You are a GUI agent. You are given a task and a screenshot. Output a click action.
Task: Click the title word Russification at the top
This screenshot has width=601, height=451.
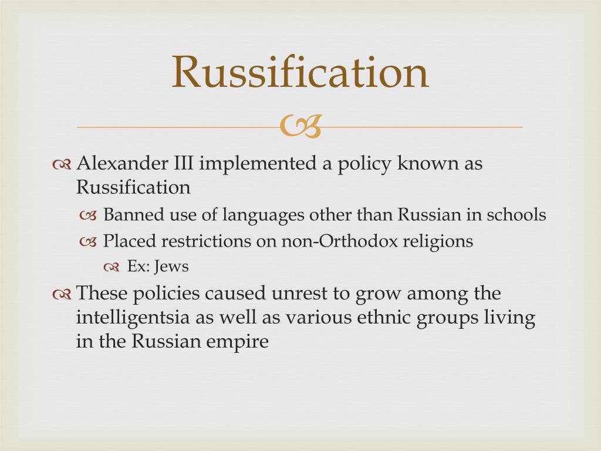coord(300,72)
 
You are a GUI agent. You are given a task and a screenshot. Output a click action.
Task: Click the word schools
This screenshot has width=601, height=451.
coord(516,215)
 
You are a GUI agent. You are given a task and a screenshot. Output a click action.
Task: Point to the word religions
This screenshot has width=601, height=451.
coord(437,241)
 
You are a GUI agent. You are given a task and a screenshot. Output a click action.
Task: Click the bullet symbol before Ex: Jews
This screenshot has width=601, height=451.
coord(112,267)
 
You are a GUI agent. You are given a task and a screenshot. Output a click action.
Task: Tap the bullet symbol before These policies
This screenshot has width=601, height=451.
coord(62,294)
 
